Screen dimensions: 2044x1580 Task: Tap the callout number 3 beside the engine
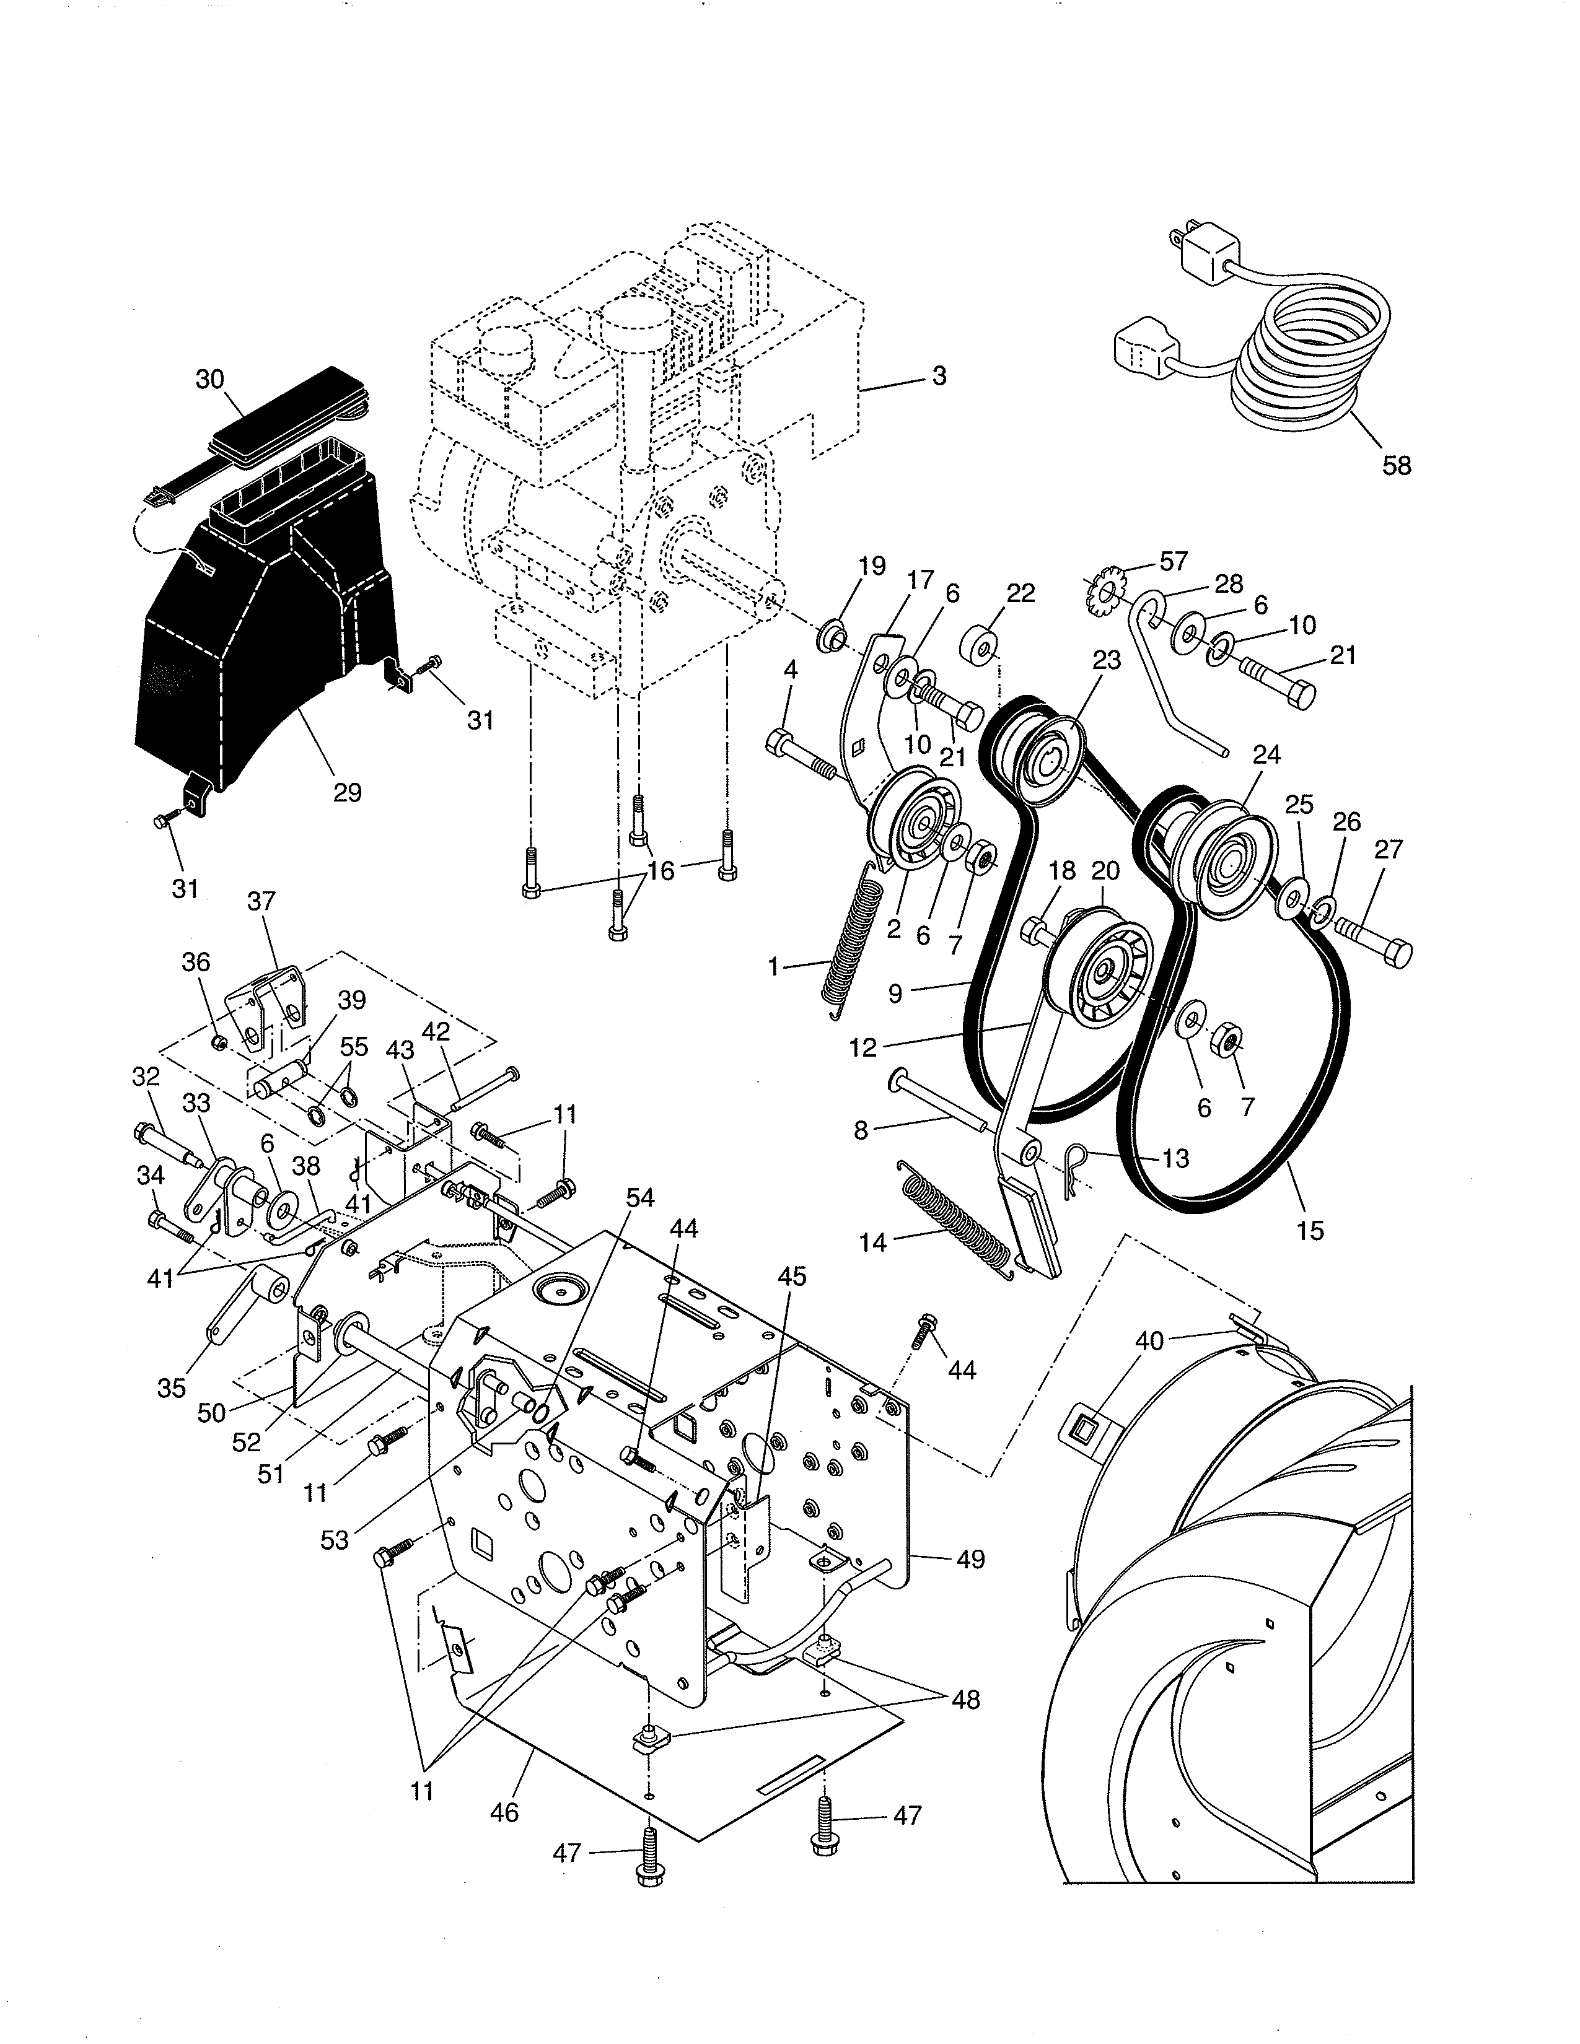(x=939, y=375)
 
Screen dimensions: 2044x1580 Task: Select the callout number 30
(x=209, y=379)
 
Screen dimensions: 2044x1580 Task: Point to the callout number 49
(x=971, y=1559)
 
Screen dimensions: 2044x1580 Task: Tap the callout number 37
(x=261, y=901)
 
